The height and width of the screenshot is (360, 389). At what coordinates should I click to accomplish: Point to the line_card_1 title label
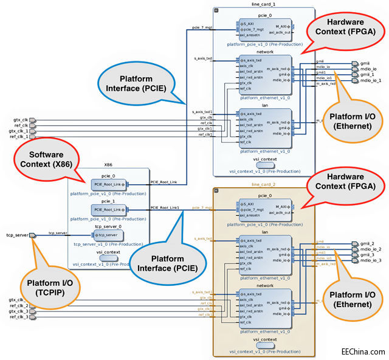pos(263,4)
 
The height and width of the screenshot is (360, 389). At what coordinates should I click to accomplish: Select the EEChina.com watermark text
pos(363,352)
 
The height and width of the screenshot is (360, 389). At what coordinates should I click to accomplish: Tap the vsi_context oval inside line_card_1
pos(264,165)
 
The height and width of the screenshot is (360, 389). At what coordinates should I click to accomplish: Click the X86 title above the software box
pos(108,165)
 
